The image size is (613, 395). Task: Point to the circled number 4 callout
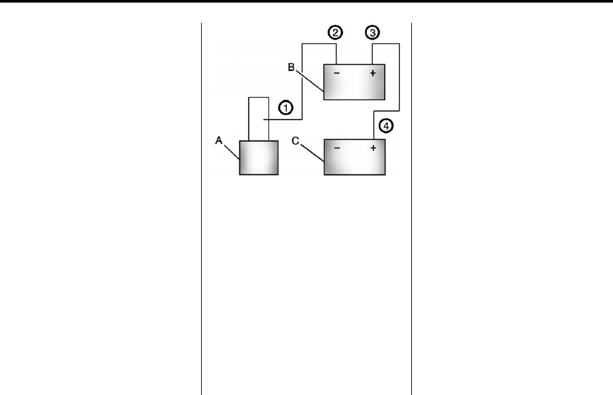click(385, 128)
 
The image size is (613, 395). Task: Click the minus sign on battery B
click(336, 74)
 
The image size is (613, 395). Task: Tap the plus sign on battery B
click(373, 74)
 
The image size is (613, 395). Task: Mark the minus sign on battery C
click(336, 148)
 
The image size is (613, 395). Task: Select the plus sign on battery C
click(373, 148)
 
